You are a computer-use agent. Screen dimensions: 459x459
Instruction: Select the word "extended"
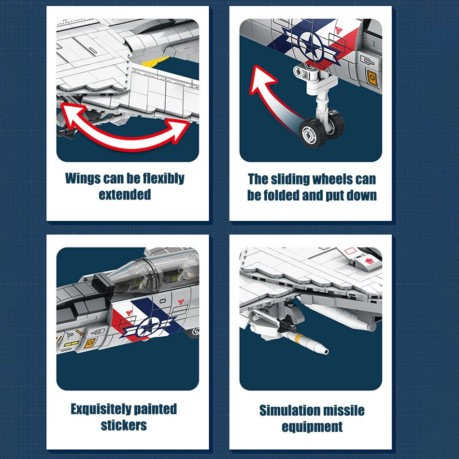[125, 194]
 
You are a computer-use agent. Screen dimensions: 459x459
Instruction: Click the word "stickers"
[124, 425]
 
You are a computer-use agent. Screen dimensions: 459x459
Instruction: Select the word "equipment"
[312, 427]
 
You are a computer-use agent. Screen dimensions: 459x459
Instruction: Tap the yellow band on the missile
[298, 338]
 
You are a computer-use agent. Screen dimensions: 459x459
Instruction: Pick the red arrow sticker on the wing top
[369, 260]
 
